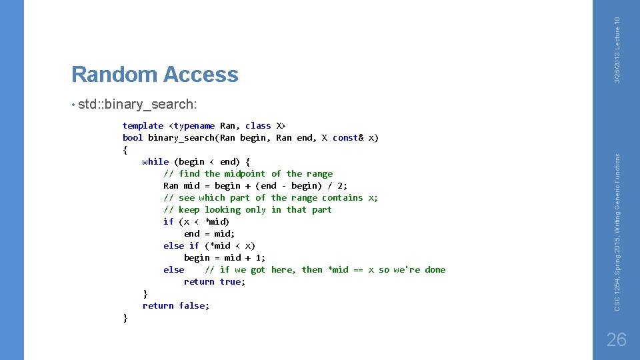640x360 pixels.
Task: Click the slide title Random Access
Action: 155,74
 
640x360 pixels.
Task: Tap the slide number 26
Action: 617,339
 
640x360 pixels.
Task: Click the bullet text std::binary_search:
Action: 137,104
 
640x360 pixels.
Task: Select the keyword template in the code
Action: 143,125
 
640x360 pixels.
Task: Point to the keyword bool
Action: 133,137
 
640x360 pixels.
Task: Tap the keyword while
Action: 155,161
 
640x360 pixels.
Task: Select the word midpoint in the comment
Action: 245,173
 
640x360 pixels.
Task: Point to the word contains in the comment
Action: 343,197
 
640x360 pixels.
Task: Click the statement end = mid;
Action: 209,233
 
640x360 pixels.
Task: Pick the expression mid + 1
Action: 245,257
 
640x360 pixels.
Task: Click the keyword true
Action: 230,281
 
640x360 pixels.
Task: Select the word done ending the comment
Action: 435,269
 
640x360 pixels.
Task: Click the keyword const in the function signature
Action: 345,137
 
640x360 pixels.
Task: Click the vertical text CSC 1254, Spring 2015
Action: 617,270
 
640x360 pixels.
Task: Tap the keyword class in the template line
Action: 258,125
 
